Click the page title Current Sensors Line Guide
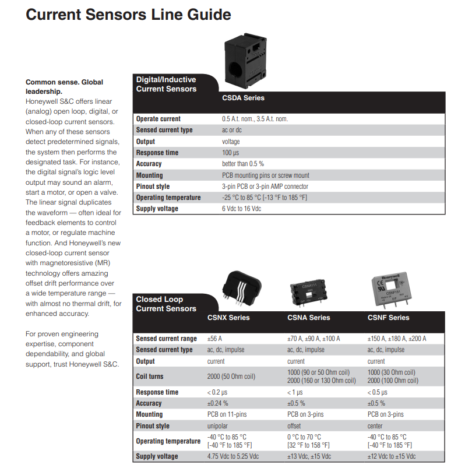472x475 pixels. pos(128,15)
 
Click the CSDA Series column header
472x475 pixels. pos(243,98)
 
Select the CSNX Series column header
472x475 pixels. pos(228,318)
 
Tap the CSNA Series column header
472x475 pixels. pos(308,318)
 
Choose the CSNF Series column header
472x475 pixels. pos(388,318)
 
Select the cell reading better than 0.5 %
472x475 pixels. pos(242,164)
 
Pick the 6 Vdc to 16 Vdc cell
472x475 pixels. pos(241,209)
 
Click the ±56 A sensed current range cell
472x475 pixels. pos(215,339)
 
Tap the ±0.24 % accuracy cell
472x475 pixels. pos(217,403)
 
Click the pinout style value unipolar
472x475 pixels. pos(219,426)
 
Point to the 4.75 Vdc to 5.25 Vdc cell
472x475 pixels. pos(233,456)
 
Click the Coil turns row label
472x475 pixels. pos(150,377)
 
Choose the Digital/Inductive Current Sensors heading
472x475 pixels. pos(166,85)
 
